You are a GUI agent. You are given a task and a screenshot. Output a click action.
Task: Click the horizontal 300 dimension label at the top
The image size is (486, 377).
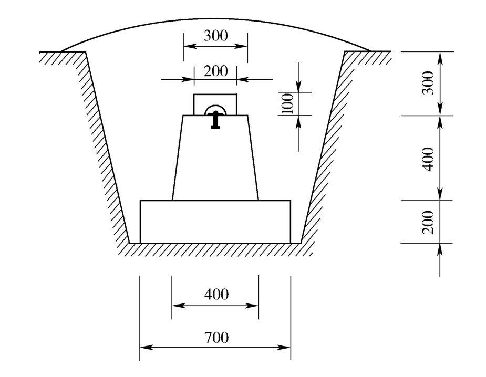pyautogui.click(x=216, y=36)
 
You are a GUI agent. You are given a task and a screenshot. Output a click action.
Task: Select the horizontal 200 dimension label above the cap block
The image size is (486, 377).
pyautogui.click(x=216, y=71)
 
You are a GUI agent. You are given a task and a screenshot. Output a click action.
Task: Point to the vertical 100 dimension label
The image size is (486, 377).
pyautogui.click(x=288, y=104)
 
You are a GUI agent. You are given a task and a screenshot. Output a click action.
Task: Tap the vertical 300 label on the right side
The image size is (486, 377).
pyautogui.click(x=428, y=83)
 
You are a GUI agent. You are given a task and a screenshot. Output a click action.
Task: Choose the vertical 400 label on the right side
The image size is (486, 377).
pyautogui.click(x=428, y=159)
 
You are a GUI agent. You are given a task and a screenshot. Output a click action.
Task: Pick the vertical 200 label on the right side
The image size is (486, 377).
pyautogui.click(x=428, y=222)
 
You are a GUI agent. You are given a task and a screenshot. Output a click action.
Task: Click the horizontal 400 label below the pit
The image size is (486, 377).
pyautogui.click(x=216, y=294)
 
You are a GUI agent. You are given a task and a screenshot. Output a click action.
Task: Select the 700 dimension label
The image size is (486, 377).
pyautogui.click(x=216, y=337)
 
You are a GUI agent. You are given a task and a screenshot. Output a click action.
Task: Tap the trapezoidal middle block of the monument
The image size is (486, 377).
pyautogui.click(x=215, y=158)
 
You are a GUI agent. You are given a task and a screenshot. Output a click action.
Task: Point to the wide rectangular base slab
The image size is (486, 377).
pyautogui.click(x=215, y=222)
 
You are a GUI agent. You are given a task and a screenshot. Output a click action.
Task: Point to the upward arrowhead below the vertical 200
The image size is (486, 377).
pyautogui.click(x=440, y=250)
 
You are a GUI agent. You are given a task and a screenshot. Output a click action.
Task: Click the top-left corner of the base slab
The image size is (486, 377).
pyautogui.click(x=140, y=201)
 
